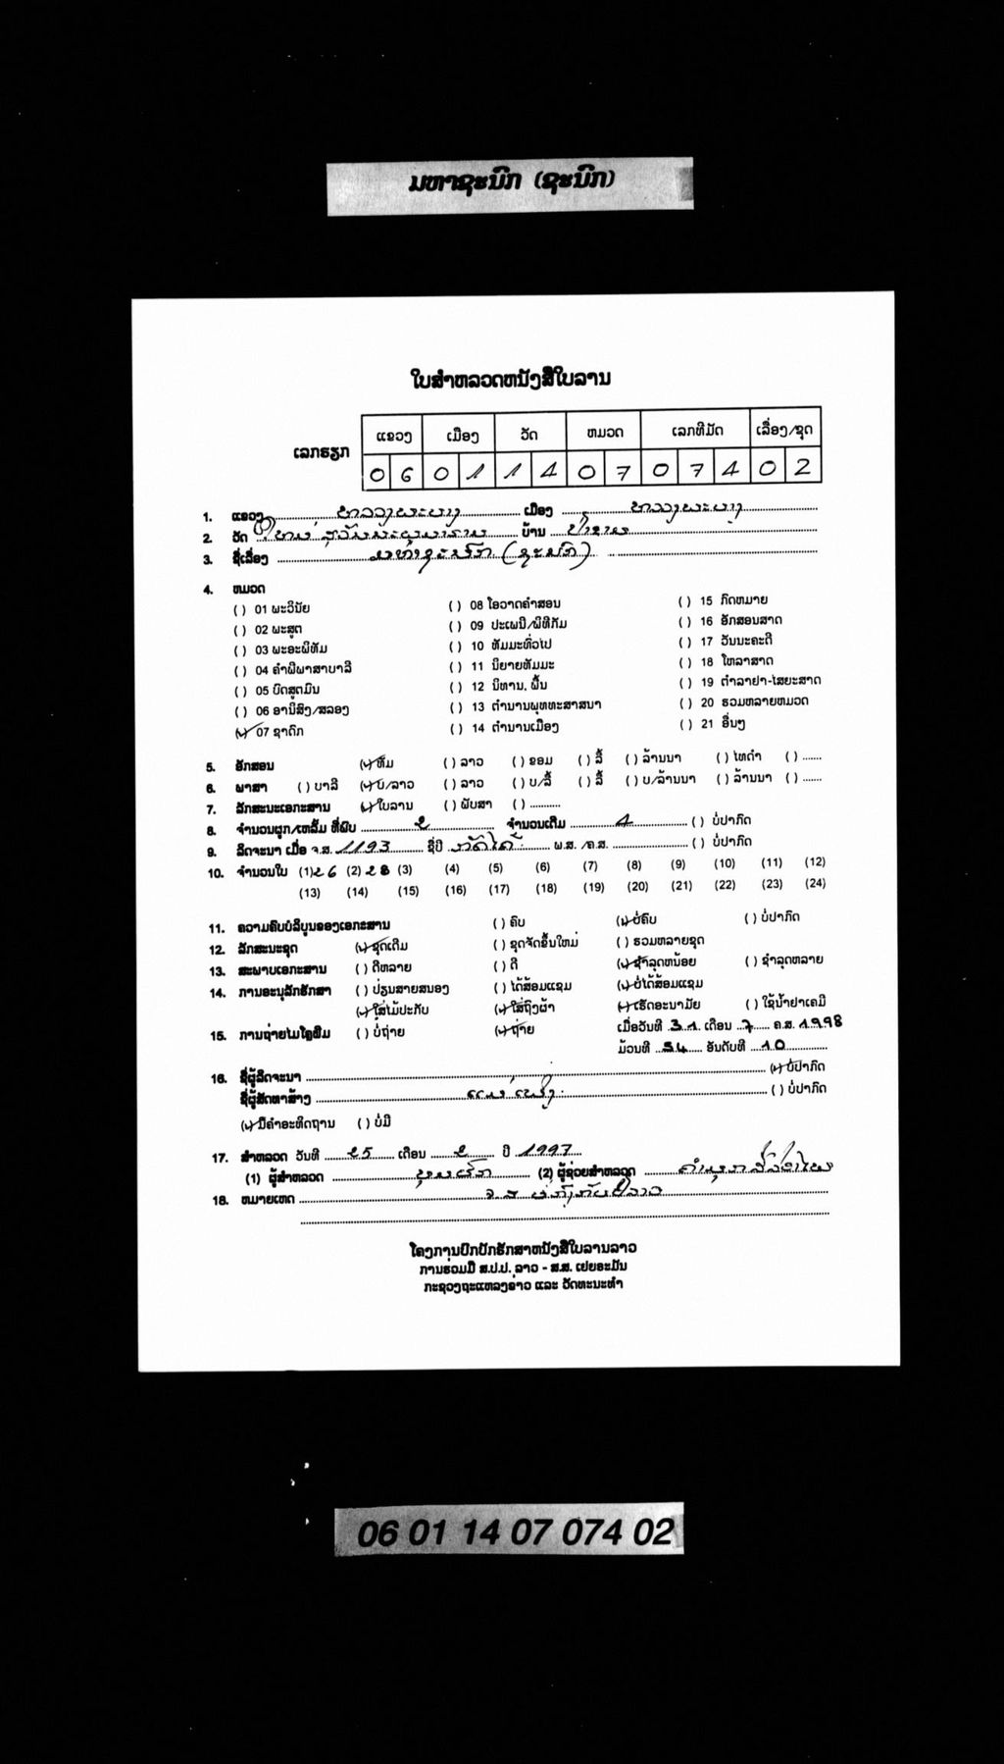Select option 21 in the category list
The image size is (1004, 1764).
pos(721,724)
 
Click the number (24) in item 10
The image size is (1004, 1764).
pos(815,883)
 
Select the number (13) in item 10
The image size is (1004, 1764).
pos(310,892)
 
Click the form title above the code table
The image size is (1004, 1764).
pos(511,380)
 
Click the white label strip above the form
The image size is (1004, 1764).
pos(510,183)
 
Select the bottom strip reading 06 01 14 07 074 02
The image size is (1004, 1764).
pos(509,1531)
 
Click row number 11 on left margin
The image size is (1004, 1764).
pos(217,927)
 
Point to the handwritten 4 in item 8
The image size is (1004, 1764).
pos(622,822)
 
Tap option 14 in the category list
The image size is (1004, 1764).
pos(514,727)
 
